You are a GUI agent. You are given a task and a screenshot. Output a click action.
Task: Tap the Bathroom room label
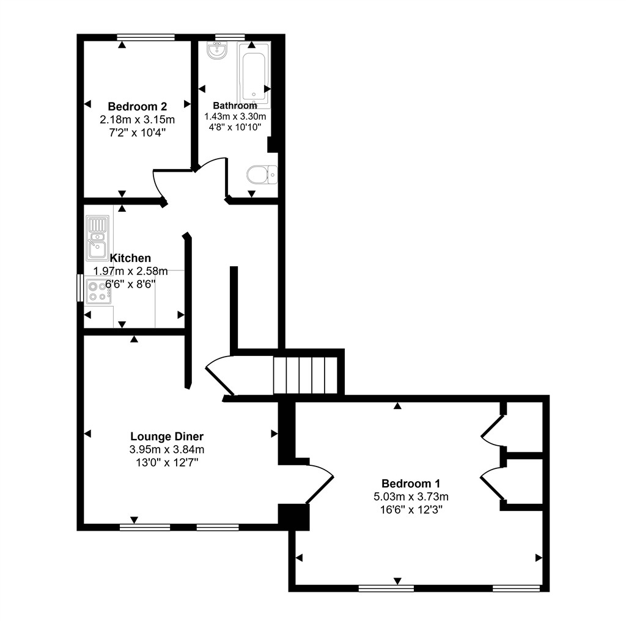click(235, 106)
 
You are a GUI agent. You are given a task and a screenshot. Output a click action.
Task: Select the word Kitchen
click(130, 258)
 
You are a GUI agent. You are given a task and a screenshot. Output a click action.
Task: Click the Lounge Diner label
click(166, 437)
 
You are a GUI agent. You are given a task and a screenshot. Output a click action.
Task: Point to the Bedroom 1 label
click(410, 482)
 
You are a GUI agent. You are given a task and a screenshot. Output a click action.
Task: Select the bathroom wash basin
click(217, 51)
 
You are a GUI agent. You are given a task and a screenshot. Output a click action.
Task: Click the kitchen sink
click(97, 238)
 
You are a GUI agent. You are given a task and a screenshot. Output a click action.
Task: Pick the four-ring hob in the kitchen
click(97, 291)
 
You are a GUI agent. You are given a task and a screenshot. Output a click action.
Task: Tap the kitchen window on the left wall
click(79, 288)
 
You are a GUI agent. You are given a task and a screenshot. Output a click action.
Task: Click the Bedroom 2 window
click(145, 37)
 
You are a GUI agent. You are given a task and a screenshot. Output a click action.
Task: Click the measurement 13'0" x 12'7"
click(166, 462)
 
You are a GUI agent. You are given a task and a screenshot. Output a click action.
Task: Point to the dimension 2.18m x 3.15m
click(137, 119)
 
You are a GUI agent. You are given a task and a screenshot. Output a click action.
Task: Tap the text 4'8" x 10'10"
click(235, 127)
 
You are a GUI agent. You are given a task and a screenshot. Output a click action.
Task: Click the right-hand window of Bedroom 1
click(516, 589)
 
